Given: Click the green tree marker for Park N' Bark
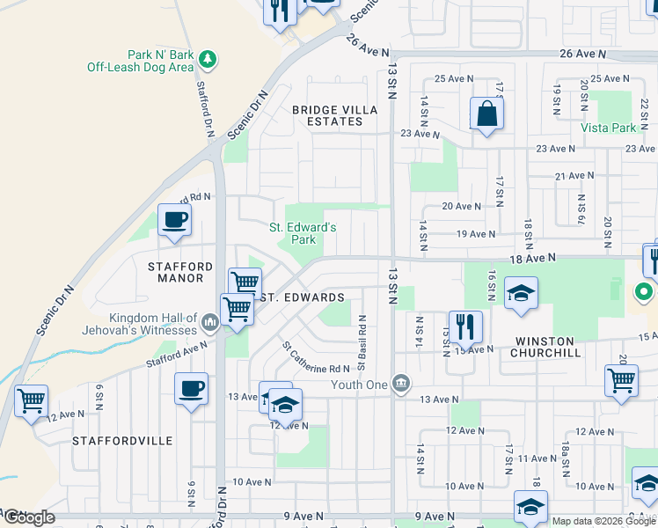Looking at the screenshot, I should point(208,60).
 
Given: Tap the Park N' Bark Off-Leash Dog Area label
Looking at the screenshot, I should point(140,60).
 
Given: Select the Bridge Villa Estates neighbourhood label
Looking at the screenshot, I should point(335,115).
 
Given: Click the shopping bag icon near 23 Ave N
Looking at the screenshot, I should point(486,114).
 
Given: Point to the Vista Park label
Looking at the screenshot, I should point(608,128).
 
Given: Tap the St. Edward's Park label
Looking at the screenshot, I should point(303,233).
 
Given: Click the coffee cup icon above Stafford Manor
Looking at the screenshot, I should point(174,220).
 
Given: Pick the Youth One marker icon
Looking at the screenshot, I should point(401,383).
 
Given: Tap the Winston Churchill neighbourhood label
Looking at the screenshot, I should point(545,347).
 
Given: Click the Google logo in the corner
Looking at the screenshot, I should point(29,517).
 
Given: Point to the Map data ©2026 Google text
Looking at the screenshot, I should point(603,521).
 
